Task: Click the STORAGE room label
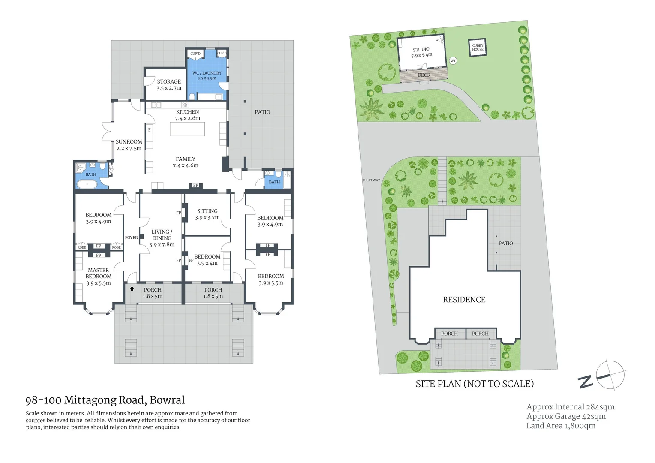click(169, 84)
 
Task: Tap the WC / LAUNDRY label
click(207, 75)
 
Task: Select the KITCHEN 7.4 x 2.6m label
click(187, 115)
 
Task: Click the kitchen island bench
click(187, 129)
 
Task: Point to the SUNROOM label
click(129, 145)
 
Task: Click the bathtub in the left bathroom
click(87, 184)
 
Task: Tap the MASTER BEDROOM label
click(99, 277)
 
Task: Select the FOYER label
click(132, 238)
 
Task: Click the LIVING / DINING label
click(162, 238)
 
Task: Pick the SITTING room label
click(207, 214)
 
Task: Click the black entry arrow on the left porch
click(132, 289)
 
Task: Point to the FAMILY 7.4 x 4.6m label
click(186, 162)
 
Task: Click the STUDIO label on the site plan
click(421, 52)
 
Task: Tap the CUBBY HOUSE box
click(478, 48)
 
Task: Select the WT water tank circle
click(453, 61)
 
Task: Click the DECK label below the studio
click(424, 75)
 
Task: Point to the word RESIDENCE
click(464, 300)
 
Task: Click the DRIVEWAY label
click(371, 180)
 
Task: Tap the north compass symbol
click(610, 375)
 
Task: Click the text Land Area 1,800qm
click(561, 426)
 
